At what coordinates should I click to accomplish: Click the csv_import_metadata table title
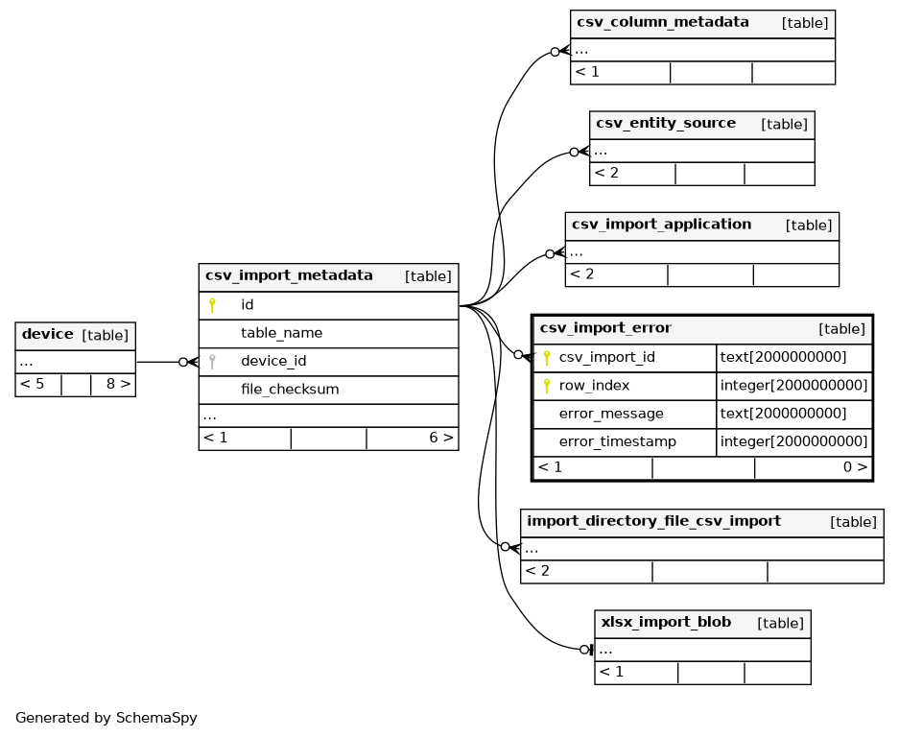tap(289, 275)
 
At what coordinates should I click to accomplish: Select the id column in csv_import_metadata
tap(248, 304)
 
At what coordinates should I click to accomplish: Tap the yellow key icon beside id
tap(212, 306)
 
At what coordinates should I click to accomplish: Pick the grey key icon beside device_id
tap(212, 362)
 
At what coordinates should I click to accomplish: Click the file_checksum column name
tap(290, 390)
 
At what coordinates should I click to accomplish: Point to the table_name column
tap(281, 333)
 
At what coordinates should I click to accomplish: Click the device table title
tap(48, 334)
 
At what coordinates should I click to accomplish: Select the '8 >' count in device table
tap(118, 384)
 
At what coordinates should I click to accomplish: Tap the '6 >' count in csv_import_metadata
tap(441, 439)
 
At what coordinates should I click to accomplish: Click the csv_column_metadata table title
tap(663, 22)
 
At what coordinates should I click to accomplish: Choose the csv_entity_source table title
tap(666, 123)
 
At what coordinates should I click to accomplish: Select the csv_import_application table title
tap(661, 225)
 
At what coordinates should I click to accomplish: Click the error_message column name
tap(611, 414)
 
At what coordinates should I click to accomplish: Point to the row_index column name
tap(594, 386)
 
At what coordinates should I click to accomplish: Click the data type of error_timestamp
tap(793, 441)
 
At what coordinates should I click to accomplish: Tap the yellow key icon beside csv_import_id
tap(546, 358)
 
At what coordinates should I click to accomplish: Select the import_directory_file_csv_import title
tap(653, 521)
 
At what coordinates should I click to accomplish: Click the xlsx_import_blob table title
tap(666, 622)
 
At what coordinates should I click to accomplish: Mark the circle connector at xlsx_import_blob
tap(584, 650)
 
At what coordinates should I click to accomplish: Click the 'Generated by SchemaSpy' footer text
tap(106, 718)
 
